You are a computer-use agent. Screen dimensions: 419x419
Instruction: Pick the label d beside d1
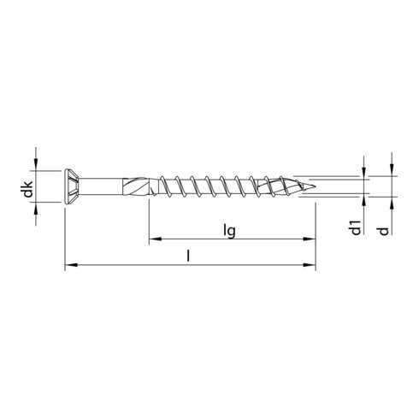coord(392,227)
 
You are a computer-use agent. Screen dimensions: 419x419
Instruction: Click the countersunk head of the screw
coord(75,189)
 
